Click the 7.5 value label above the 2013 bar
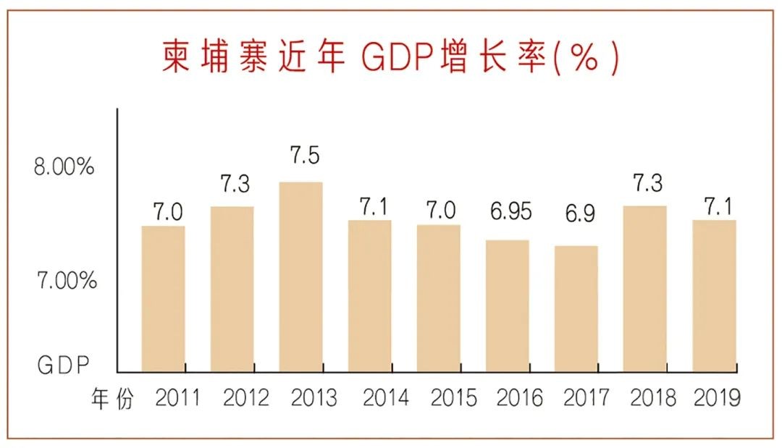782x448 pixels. point(304,156)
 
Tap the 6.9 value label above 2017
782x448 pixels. point(577,214)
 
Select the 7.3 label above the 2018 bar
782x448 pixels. point(647,183)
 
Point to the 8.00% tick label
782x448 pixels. point(64,168)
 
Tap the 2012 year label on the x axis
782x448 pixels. point(245,398)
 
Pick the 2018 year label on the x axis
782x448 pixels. point(652,398)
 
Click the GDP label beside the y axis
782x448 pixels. point(63,365)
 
